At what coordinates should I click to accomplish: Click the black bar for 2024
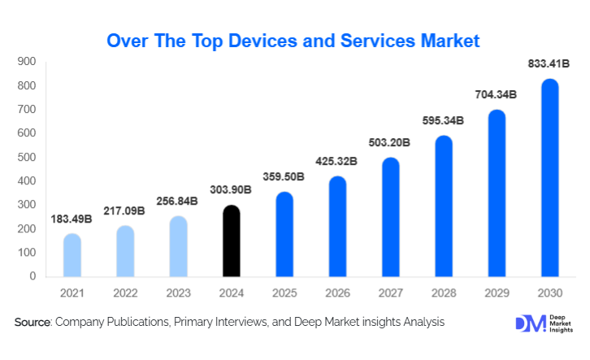232,241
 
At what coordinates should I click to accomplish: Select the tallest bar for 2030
549,178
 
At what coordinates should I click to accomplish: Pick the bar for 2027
391,217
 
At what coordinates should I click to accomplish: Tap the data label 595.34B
443,120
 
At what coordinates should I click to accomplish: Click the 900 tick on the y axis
27,62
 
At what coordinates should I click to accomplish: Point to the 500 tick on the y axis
27,157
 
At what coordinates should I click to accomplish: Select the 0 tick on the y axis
33,276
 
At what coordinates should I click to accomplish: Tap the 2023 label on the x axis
179,292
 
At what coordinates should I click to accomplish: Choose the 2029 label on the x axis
497,292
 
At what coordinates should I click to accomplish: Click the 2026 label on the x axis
337,292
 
